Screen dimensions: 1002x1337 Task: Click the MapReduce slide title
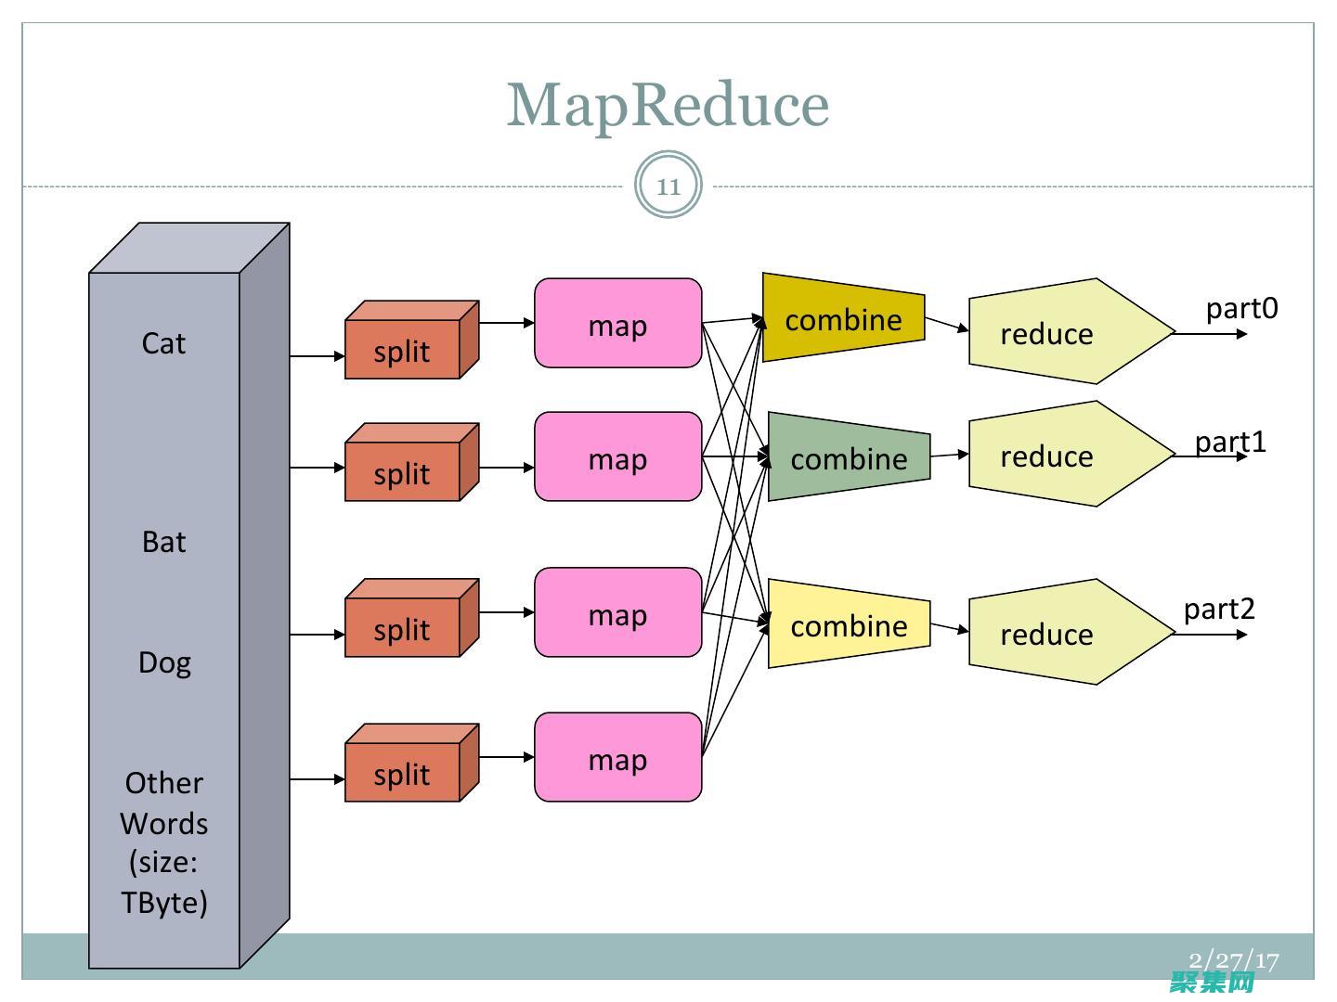(668, 104)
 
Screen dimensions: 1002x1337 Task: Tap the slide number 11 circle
(668, 186)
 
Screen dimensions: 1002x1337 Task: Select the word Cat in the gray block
(163, 343)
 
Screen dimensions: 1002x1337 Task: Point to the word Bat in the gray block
(163, 542)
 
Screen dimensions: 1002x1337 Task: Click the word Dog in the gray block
(164, 662)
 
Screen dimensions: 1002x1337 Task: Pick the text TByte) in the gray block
(164, 902)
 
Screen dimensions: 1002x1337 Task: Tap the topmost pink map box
(617, 324)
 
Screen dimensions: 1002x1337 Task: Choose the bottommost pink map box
(617, 758)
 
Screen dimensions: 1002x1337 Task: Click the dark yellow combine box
(843, 318)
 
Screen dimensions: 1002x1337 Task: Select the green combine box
(849, 457)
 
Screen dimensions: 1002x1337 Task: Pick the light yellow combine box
(849, 624)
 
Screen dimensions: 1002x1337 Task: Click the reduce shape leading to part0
(1058, 332)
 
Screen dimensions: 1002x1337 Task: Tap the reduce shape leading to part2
(1058, 633)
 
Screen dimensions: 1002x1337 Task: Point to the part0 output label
(1241, 308)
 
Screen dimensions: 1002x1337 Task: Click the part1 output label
(1230, 442)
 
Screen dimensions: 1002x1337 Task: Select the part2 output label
(1219, 609)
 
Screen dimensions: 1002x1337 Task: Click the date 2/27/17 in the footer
(1234, 960)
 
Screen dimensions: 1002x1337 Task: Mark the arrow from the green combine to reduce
(949, 455)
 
